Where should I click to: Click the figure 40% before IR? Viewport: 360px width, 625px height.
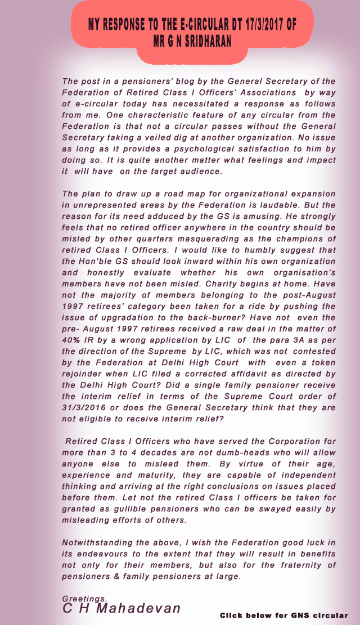click(74, 340)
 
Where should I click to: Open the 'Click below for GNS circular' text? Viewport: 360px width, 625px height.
click(283, 615)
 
